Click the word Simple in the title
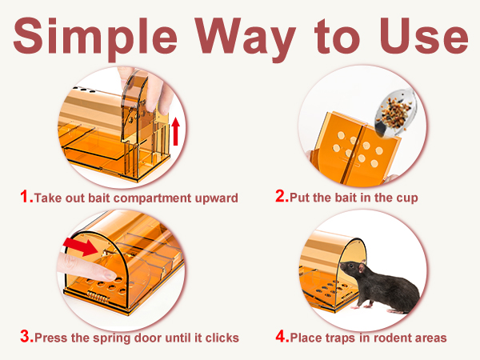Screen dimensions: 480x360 point(95,38)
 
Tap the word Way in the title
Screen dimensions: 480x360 point(246,39)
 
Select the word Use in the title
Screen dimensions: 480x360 point(424,36)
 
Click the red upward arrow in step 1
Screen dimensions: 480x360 point(176,131)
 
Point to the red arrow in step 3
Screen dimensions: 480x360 point(81,246)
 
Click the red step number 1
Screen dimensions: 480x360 point(26,196)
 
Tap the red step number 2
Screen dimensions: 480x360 point(282,196)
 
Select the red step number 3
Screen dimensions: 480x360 point(26,336)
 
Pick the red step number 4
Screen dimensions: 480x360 point(282,336)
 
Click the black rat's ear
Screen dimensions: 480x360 point(362,267)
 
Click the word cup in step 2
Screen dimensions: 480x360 point(407,198)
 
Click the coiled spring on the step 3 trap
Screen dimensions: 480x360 point(98,296)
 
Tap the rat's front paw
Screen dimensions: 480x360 point(356,306)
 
